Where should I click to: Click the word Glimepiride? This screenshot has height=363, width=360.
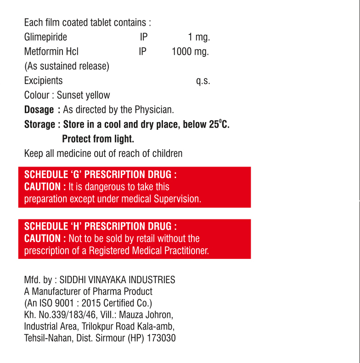coord(45,37)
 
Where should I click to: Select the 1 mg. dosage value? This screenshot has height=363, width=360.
coord(199,37)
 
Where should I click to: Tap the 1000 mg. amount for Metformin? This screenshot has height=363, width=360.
coord(190,52)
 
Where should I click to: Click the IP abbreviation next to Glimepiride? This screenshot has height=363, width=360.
coord(144,37)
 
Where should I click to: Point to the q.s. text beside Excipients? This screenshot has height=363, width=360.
coord(203,81)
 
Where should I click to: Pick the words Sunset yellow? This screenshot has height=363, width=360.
coord(83,95)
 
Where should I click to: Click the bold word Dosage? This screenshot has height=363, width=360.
coord(39,110)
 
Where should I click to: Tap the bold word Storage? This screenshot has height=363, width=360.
coord(39,124)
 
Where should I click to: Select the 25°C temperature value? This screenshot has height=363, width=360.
coord(219,124)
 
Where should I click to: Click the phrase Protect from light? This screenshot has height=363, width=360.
coord(98,139)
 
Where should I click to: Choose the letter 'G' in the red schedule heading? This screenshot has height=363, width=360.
coord(76,175)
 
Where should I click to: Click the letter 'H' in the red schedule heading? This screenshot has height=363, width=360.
coord(76,226)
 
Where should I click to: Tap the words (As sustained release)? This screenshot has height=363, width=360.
coord(67,66)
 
